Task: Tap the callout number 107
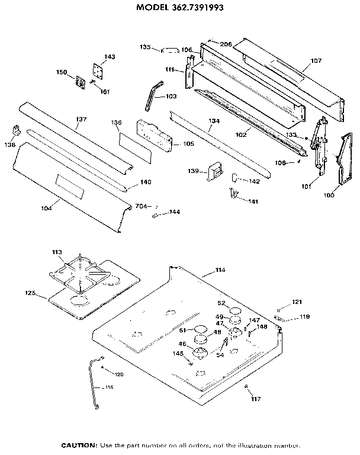316,60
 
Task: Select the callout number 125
31,293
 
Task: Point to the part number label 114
220,270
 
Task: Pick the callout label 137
81,119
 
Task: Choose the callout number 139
193,171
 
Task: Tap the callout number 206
226,44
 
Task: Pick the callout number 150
61,72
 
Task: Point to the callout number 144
175,212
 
